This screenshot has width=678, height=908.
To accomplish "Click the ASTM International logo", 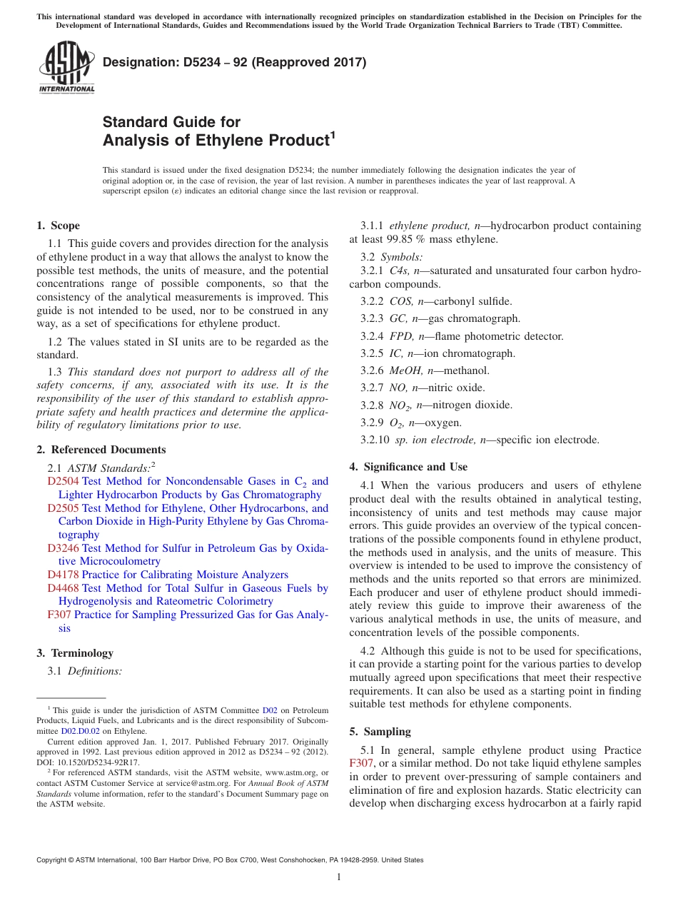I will (x=66, y=68).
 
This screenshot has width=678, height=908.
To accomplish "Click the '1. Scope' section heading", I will (x=58, y=226).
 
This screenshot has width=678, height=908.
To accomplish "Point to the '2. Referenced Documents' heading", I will (x=101, y=450).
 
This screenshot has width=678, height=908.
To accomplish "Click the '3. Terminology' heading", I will (x=75, y=653).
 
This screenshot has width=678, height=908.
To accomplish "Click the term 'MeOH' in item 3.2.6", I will (x=405, y=370).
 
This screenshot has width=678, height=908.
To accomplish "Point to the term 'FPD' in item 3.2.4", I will (x=401, y=336).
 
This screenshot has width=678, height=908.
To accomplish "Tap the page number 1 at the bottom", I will (x=339, y=877).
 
